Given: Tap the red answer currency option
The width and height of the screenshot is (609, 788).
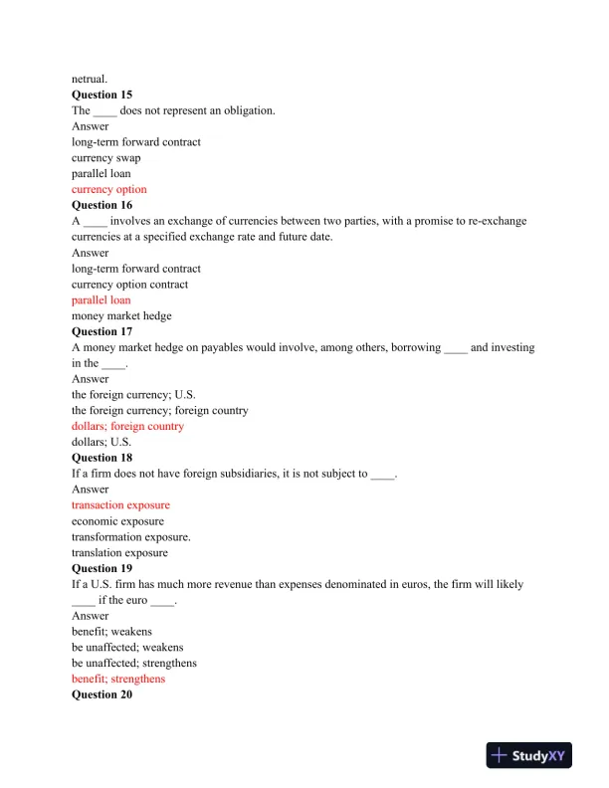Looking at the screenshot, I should (x=108, y=189).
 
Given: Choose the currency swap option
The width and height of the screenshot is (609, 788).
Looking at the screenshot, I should (x=105, y=157).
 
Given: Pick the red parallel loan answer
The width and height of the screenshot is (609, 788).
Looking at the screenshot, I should (x=101, y=299).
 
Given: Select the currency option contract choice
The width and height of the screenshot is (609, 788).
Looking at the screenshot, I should (x=129, y=284).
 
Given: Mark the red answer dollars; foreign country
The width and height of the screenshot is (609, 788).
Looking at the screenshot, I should (x=127, y=426).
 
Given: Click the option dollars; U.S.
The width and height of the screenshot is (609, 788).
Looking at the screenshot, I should (x=101, y=442).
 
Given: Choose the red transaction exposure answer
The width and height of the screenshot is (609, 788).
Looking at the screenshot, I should (x=120, y=504).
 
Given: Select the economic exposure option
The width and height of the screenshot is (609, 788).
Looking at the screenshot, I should (x=117, y=520).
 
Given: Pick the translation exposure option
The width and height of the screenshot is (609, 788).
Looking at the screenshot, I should (x=119, y=552).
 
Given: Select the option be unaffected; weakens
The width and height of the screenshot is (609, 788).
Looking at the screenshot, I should (x=127, y=647).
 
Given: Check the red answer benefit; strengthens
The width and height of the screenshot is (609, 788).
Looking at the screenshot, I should (x=118, y=679).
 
